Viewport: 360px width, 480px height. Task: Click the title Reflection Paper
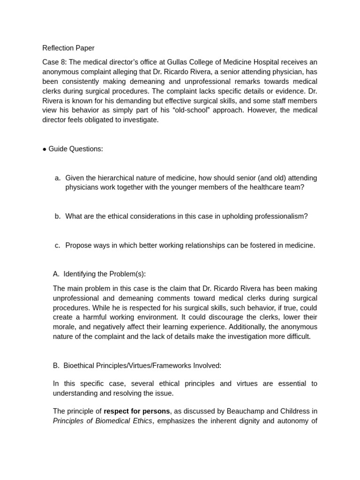coord(68,48)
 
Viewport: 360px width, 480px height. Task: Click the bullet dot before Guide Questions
coord(45,149)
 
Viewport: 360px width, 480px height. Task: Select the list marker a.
coord(58,178)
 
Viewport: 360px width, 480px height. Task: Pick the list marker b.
coord(58,217)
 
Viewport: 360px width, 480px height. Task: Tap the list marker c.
coord(58,246)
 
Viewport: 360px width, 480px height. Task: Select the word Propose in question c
coord(78,246)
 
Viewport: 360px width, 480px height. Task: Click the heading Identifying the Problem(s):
coord(105,274)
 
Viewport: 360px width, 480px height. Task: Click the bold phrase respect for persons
coord(136,412)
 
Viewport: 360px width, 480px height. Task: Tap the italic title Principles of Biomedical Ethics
coord(102,421)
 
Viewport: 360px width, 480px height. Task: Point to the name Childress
coord(294,412)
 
